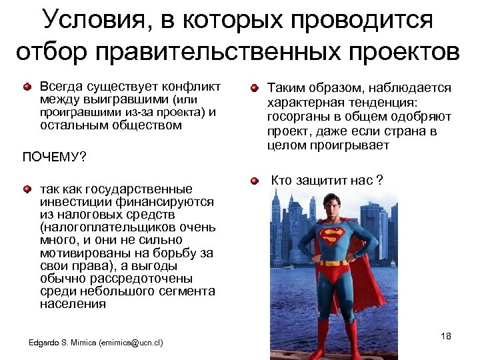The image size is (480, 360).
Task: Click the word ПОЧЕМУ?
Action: tap(55, 157)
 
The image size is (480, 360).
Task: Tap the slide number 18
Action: tap(446, 337)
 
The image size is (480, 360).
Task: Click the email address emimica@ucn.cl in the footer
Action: tap(131, 343)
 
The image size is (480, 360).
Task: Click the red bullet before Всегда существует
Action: tap(27, 87)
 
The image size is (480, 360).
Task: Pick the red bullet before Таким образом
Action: tap(254, 88)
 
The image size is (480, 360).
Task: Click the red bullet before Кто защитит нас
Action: tap(254, 181)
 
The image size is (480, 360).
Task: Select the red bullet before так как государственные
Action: tap(27, 190)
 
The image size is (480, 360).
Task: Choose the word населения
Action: tap(73, 303)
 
